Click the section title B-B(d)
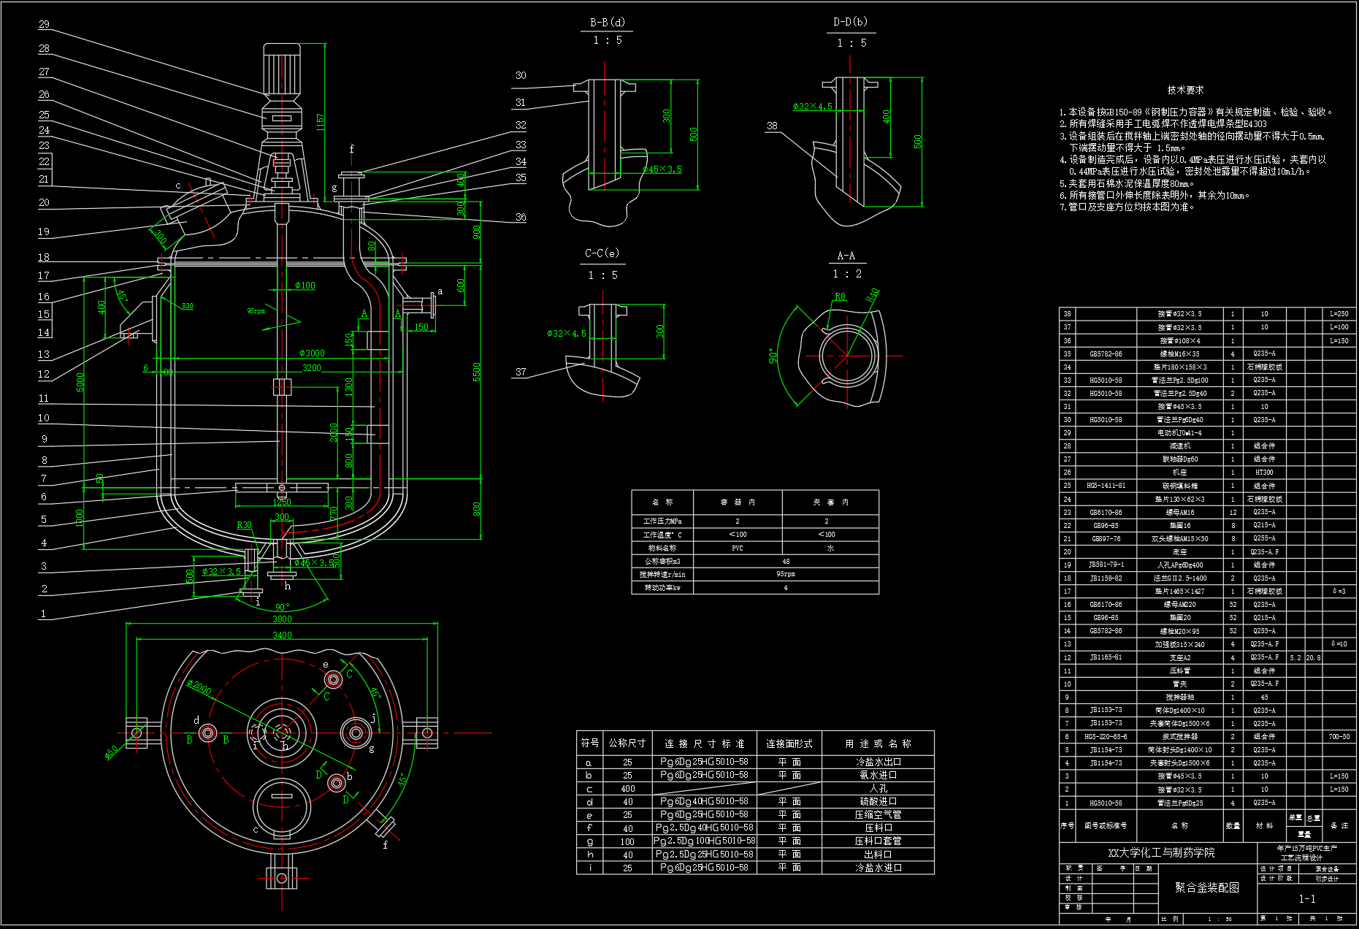pos(607,23)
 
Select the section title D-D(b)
pos(850,23)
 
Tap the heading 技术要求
pos(1184,90)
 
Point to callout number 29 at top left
pos(44,25)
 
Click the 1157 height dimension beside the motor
pos(321,122)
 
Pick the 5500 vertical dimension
pos(477,372)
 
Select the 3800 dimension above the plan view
pos(282,619)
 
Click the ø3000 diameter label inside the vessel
pos(312,353)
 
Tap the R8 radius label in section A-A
pos(841,297)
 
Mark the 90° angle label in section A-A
pos(773,356)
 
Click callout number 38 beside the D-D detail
pos(772,126)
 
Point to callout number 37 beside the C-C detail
pos(521,372)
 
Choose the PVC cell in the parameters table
pos(737,548)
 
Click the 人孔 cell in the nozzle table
pos(878,789)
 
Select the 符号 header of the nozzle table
pos(590,743)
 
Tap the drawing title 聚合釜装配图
pos(1206,887)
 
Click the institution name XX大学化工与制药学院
pos(1161,852)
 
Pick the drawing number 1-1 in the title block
pos(1306,899)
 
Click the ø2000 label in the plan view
pos(199,688)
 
